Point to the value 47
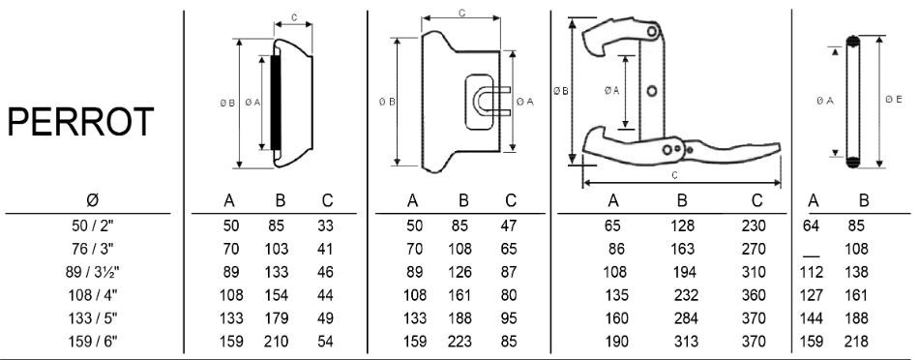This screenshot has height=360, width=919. (509, 225)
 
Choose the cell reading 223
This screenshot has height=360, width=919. (459, 342)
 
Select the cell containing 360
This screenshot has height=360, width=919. (754, 295)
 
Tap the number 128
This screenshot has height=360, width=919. (682, 225)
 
